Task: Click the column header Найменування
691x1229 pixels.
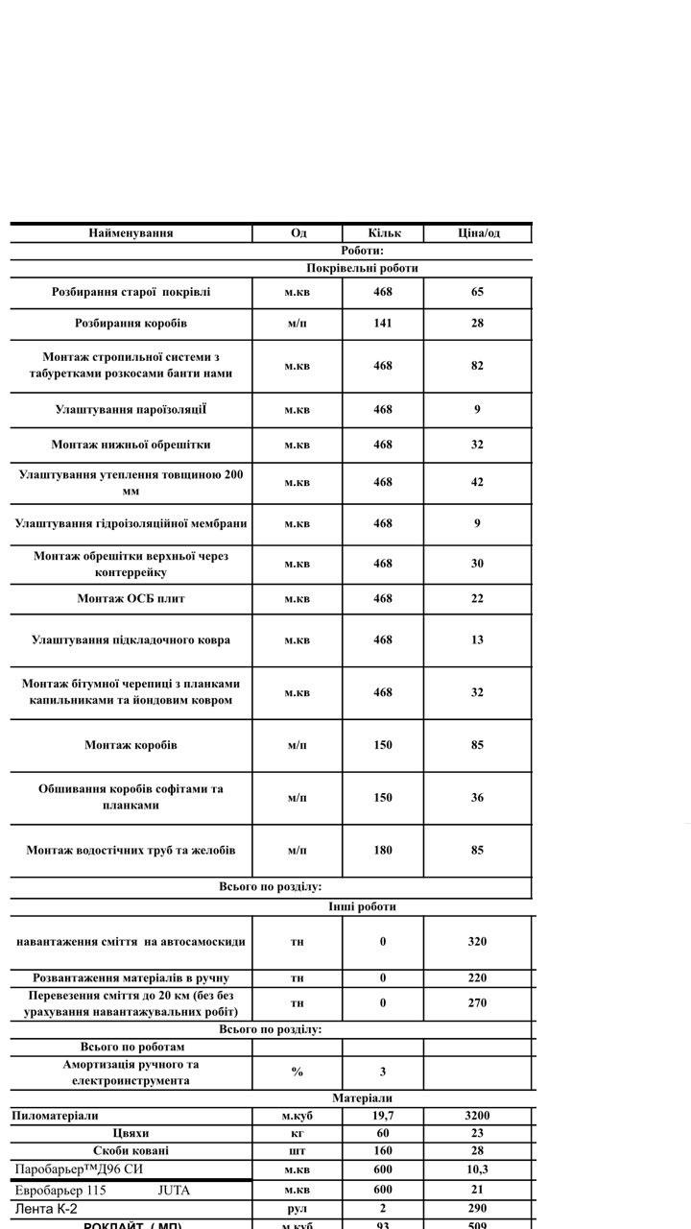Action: pos(131,232)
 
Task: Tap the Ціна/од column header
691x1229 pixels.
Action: pos(478,232)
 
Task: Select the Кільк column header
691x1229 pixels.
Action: pos(383,232)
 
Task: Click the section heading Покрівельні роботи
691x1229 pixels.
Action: pos(363,268)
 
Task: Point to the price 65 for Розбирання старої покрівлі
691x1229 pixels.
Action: pos(477,292)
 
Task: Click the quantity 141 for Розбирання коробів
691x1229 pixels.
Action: pos(383,323)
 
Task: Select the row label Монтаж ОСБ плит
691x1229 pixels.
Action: pos(131,598)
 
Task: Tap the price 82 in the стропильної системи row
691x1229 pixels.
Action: pos(477,366)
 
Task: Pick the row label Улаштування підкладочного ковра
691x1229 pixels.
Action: pos(131,639)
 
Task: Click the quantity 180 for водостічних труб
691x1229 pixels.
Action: pos(383,850)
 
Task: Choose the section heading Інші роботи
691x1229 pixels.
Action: pos(362,906)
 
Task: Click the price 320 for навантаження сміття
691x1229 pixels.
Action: pos(477,941)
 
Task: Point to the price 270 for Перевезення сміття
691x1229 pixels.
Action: pos(477,1002)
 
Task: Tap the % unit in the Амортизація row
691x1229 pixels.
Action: pos(298,1072)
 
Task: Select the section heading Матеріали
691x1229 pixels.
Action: pos(362,1097)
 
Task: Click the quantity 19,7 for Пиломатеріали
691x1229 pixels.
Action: pos(383,1116)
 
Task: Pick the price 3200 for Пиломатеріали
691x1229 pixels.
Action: pos(477,1116)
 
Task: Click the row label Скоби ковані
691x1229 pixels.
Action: pos(131,1150)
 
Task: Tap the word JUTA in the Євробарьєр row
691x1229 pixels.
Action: pos(174,1190)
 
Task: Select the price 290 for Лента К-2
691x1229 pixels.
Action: pos(477,1208)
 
